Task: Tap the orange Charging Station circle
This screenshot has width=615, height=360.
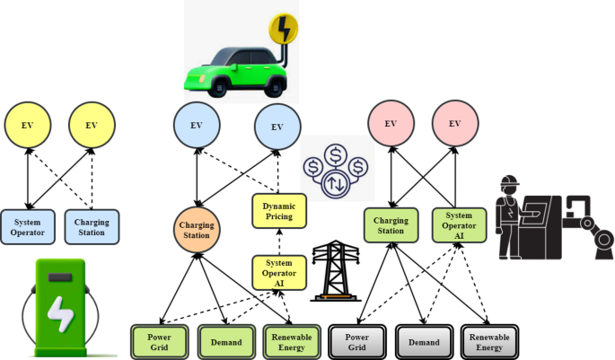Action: point(196,230)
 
